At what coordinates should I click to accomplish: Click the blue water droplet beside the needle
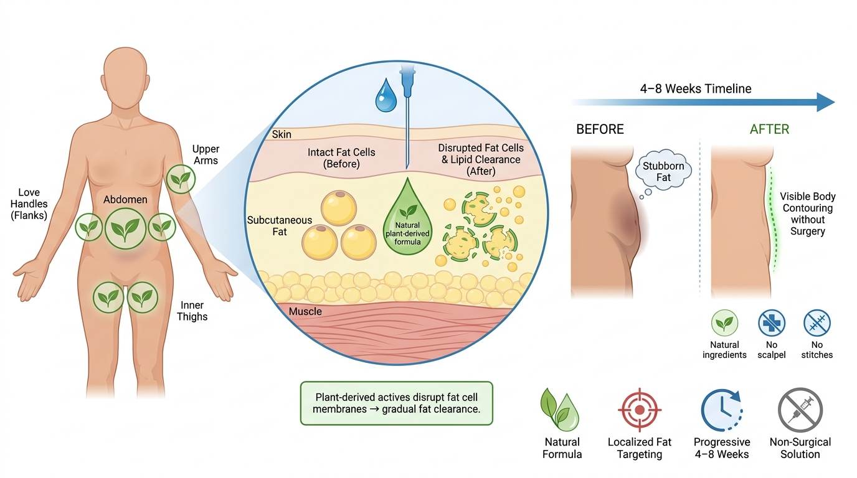coord(386,96)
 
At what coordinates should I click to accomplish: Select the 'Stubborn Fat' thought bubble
coord(663,169)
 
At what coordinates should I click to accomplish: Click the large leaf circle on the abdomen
coord(125,228)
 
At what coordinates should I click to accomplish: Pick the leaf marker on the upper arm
coord(181,179)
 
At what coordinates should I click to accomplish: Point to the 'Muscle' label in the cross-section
coord(305,311)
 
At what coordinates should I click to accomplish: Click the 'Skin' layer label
coord(282,134)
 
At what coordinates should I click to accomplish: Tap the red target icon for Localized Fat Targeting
coord(640,410)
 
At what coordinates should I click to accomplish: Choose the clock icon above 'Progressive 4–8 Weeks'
coord(722,410)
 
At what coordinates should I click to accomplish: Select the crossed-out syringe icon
coord(800,410)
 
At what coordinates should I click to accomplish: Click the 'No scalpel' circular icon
coord(772,323)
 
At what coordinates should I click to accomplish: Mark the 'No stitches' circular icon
coord(817,323)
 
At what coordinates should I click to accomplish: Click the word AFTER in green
coord(769,129)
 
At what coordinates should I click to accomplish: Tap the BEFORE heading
coord(600,129)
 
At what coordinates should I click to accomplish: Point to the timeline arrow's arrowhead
coord(826,102)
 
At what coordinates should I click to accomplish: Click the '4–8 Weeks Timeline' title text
coord(696,89)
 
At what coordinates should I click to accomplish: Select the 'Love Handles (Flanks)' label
coord(29,204)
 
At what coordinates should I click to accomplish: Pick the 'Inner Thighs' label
coord(192,311)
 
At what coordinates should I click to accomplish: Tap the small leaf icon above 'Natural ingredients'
coord(724,323)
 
